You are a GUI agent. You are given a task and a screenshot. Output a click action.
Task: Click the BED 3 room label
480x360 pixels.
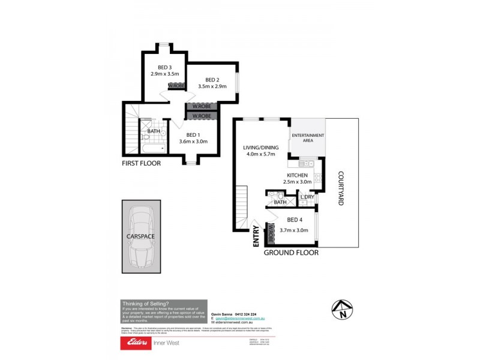pos(165,67)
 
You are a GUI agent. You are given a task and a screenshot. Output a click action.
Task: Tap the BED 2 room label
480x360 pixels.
pos(212,80)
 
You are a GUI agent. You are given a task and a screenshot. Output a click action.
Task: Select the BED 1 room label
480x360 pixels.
pos(193,134)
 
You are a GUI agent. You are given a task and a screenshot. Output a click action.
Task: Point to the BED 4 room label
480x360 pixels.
pos(294,220)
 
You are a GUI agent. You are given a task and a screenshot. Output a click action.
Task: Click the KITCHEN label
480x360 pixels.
pos(297,175)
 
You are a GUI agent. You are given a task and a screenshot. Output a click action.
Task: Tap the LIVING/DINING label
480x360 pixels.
pos(259,147)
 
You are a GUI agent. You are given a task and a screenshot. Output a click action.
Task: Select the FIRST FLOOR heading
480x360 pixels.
pos(141,163)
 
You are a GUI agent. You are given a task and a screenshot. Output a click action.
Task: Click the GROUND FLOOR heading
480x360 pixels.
pos(291,253)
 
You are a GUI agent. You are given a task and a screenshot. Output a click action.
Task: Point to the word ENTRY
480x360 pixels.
pos(256,235)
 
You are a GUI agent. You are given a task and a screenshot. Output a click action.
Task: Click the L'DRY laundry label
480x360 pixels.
pos(307,197)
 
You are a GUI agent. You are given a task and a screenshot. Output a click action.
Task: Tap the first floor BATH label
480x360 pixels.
pos(154,131)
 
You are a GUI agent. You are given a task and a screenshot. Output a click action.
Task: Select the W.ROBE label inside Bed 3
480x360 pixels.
pos(175,86)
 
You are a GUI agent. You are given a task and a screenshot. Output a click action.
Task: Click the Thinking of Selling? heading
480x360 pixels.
pos(145,304)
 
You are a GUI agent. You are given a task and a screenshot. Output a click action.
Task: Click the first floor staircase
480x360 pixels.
pos(131,130)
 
